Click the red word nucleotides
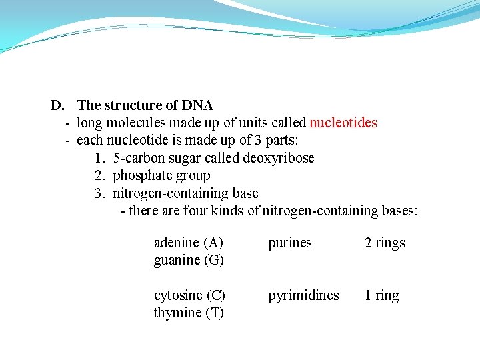[343, 123]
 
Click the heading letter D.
[57, 105]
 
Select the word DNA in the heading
[197, 105]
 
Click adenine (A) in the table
[189, 243]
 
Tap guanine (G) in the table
[189, 260]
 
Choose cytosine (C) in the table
[189, 295]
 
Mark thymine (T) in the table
[189, 313]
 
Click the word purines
[290, 243]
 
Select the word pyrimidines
[303, 295]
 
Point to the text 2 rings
[385, 243]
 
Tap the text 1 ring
[381, 295]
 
